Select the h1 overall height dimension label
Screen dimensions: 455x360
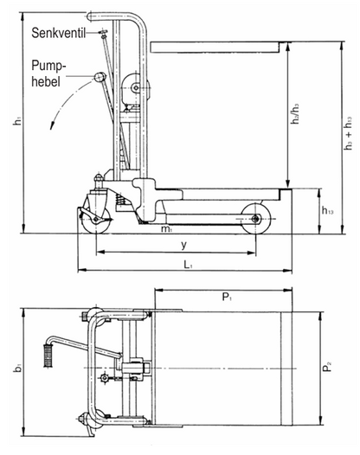16,123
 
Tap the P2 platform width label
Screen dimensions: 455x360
330,367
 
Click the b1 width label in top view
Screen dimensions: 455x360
16,369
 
